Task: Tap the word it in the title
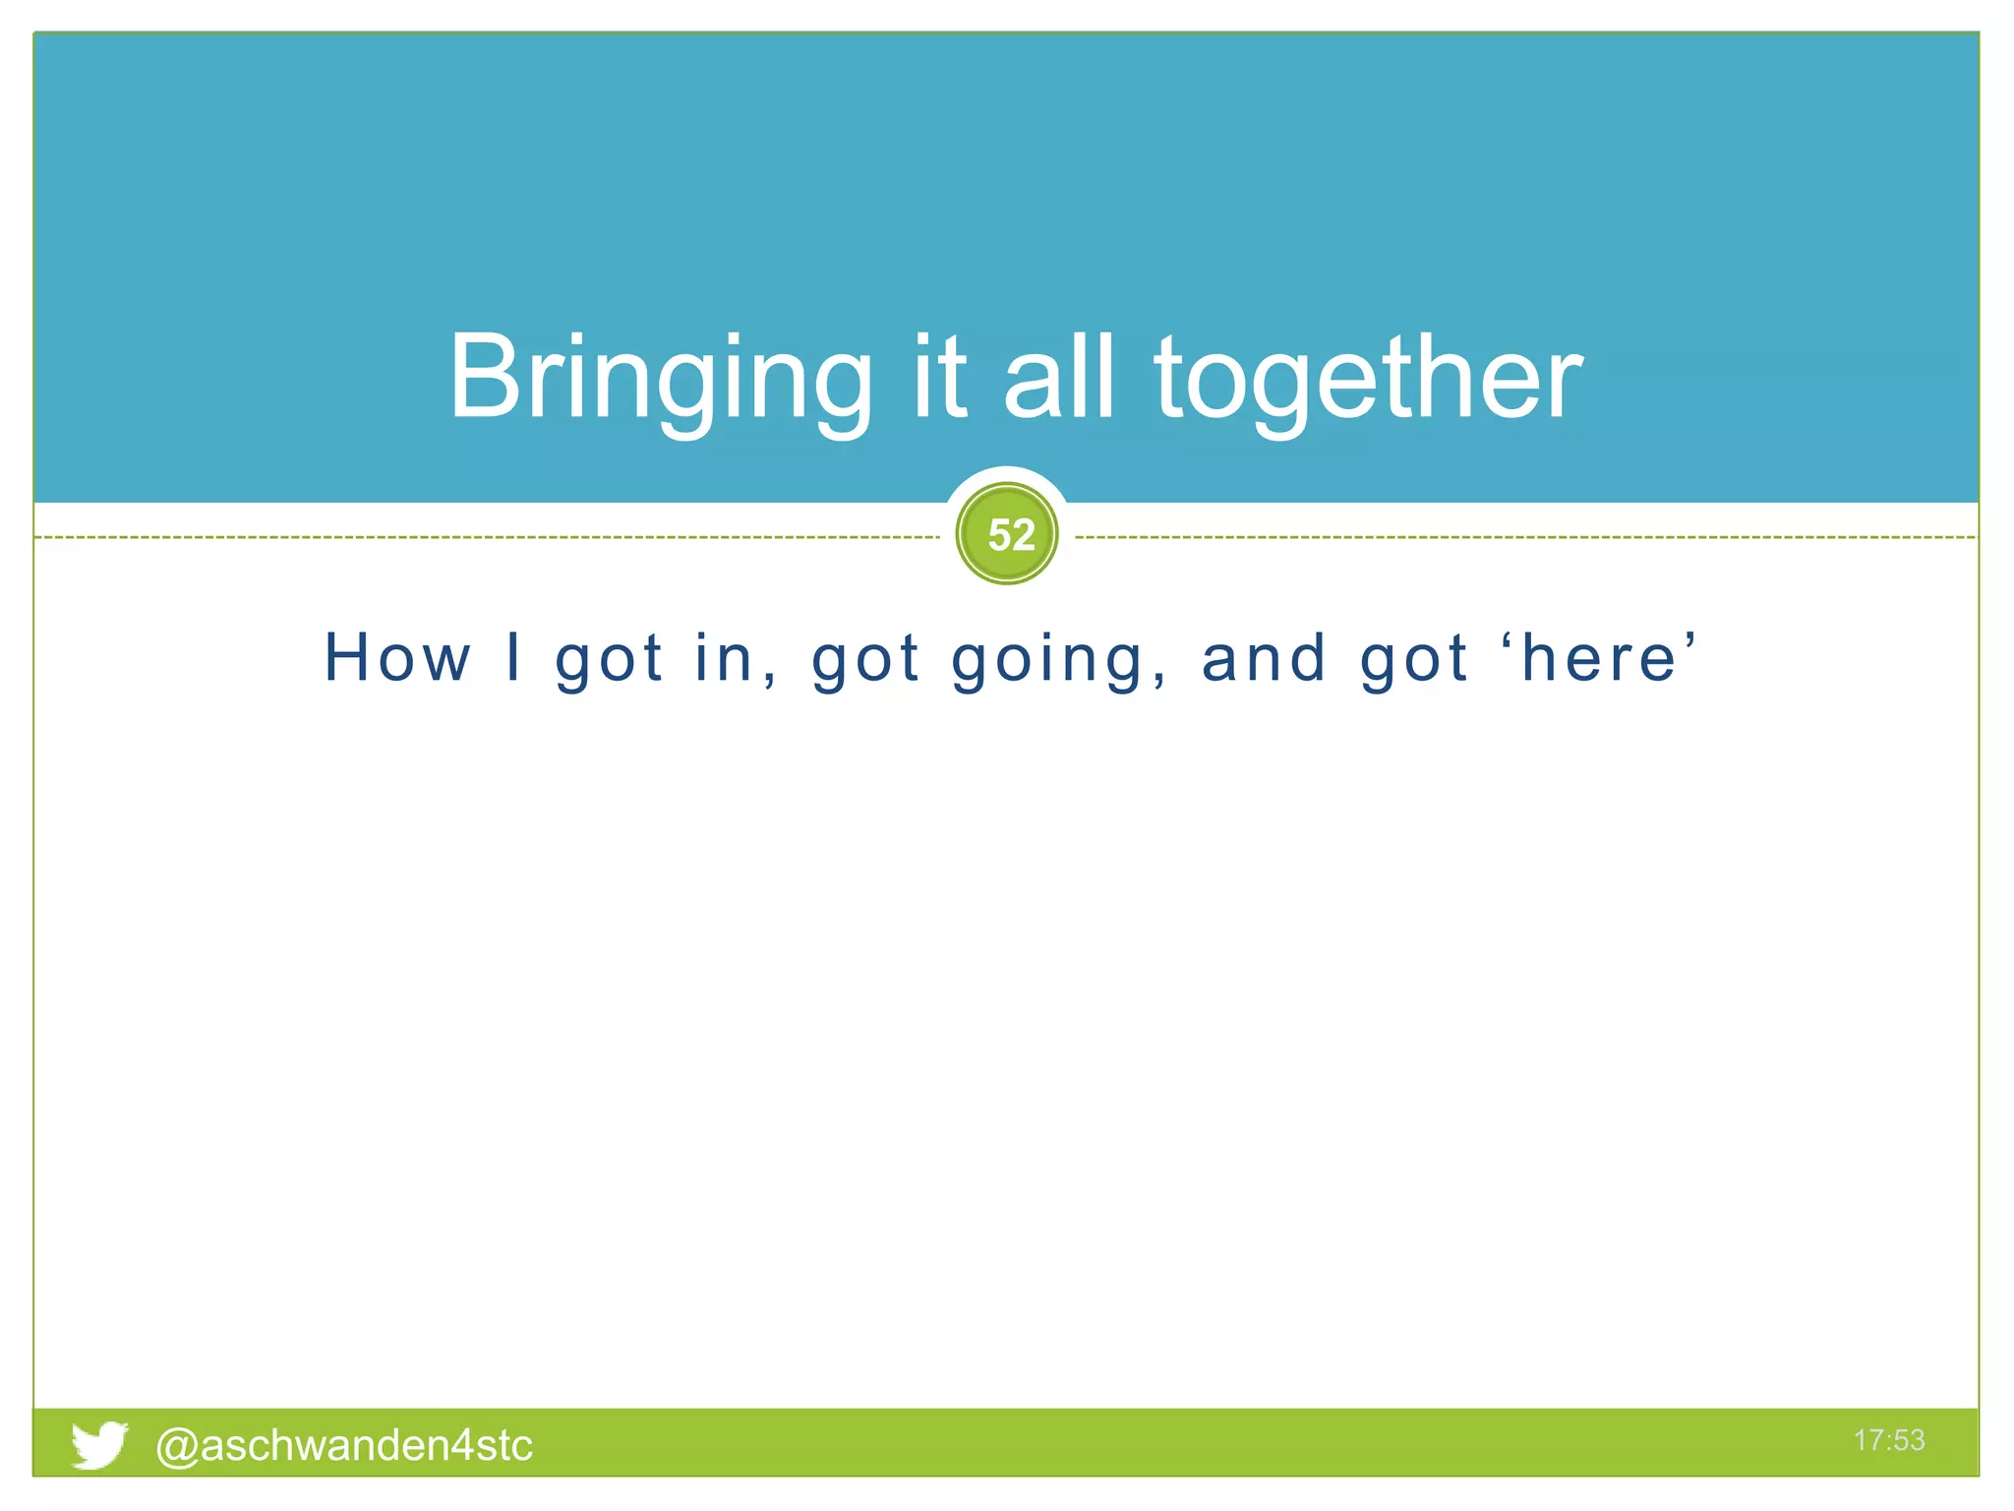point(939,379)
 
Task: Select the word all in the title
point(1059,379)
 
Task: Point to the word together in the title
point(1367,379)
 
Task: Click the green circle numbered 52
point(1007,534)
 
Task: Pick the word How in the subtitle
point(398,657)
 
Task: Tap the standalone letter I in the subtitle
point(512,657)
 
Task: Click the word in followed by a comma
point(725,657)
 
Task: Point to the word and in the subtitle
point(1265,657)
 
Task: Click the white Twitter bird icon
point(99,1444)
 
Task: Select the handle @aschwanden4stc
point(344,1445)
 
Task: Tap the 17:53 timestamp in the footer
point(1888,1440)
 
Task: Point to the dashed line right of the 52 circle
point(1524,538)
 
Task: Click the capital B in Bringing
point(483,377)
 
